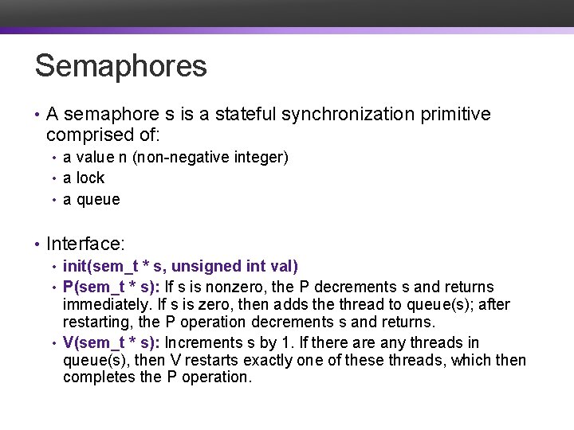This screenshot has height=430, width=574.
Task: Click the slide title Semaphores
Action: [120, 66]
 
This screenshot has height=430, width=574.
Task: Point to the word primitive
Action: [454, 115]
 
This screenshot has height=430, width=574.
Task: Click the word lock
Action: [90, 178]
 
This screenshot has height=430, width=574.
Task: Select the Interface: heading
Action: [86, 243]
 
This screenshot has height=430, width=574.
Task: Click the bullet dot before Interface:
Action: [37, 243]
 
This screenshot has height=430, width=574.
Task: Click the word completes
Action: [98, 377]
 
